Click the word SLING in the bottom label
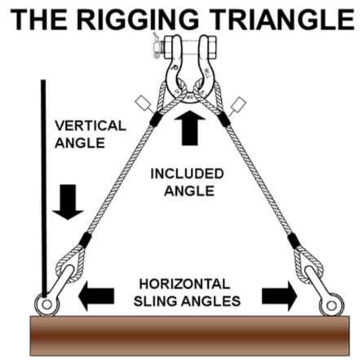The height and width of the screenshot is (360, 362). (x=157, y=301)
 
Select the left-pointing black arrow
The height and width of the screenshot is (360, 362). (x=97, y=291)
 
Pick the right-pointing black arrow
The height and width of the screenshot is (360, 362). (x=278, y=295)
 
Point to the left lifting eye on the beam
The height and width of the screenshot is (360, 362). (x=46, y=302)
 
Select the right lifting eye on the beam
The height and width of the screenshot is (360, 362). (x=329, y=303)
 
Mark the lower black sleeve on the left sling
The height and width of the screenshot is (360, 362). (x=82, y=241)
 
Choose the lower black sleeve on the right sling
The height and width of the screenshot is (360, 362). (x=294, y=241)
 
